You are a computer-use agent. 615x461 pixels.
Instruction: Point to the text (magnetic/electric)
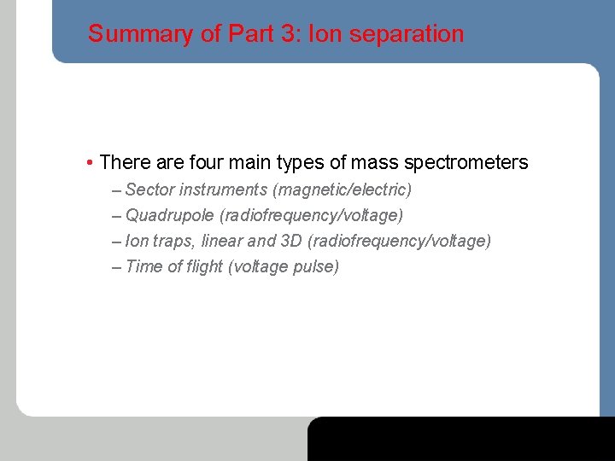pyautogui.click(x=342, y=189)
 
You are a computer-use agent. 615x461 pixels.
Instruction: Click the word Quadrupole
pyautogui.click(x=170, y=215)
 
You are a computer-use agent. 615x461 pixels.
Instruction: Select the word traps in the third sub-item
pyautogui.click(x=173, y=241)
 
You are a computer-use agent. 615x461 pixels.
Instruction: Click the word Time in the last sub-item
pyautogui.click(x=143, y=266)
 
